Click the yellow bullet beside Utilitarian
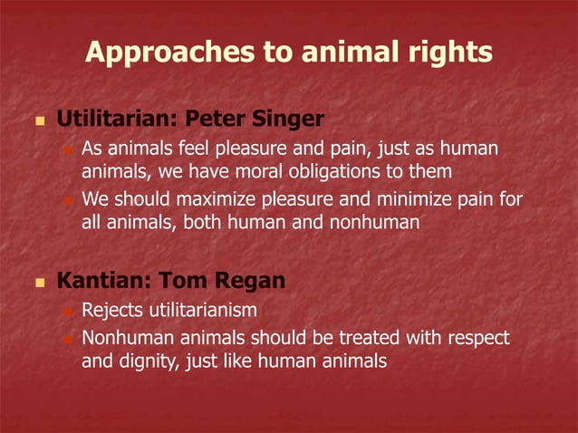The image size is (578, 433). point(38,120)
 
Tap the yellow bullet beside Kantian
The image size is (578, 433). point(38,282)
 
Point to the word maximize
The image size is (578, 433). point(204,198)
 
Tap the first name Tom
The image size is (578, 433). point(185,281)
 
